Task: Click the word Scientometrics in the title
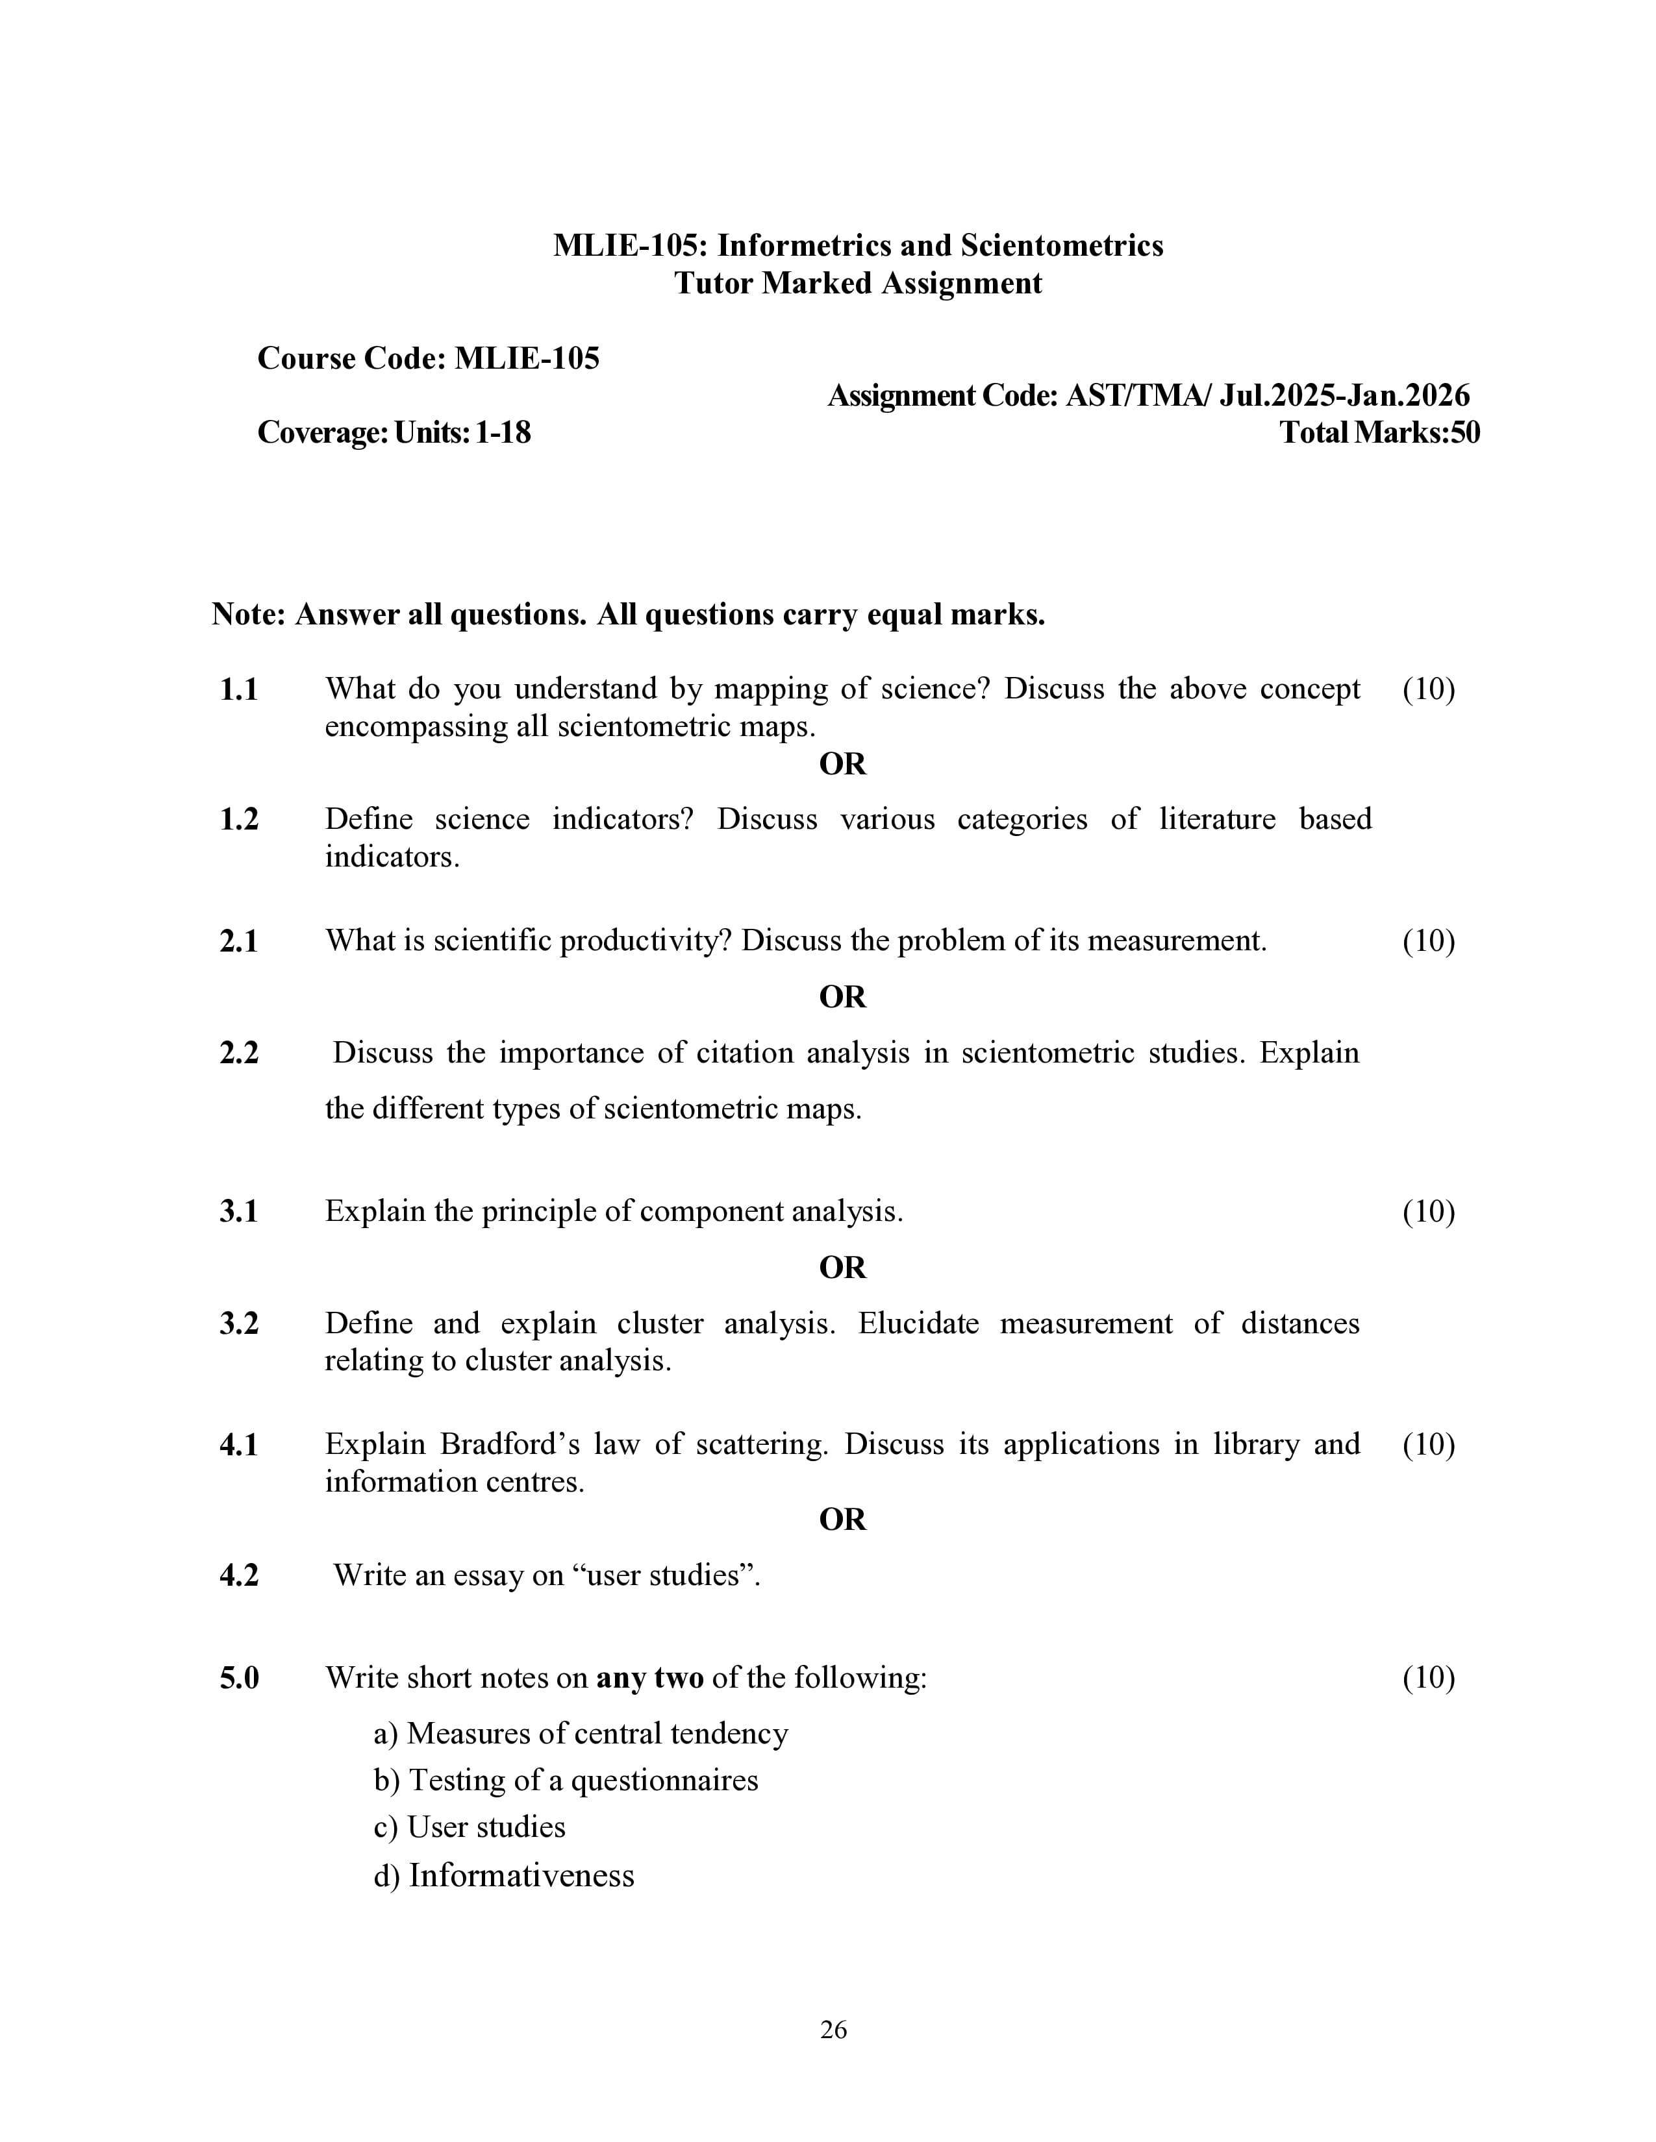pyautogui.click(x=1062, y=245)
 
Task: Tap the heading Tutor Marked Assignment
pyautogui.click(x=857, y=284)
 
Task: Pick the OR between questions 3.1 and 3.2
pyautogui.click(x=842, y=1267)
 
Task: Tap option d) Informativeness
pyautogui.click(x=503, y=1875)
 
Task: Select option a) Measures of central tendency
pyautogui.click(x=581, y=1733)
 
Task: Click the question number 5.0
pyautogui.click(x=240, y=1678)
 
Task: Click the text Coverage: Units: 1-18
pyautogui.click(x=394, y=432)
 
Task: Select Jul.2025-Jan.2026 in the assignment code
pyautogui.click(x=1344, y=395)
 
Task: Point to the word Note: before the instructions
pyautogui.click(x=248, y=615)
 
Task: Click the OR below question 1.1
pyautogui.click(x=842, y=763)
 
